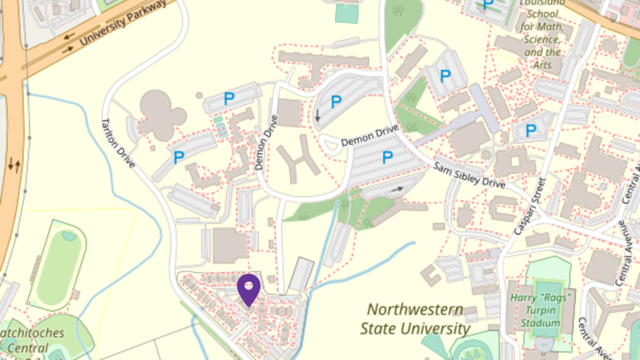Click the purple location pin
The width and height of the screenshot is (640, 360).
(248, 288)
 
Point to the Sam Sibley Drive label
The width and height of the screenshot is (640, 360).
(469, 174)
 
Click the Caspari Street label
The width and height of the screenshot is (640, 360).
(530, 206)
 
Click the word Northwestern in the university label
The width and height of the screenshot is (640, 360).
(415, 310)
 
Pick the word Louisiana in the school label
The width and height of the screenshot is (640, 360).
(542, 3)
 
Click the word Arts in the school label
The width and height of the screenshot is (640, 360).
(542, 65)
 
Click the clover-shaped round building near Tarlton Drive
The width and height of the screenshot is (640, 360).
(163, 114)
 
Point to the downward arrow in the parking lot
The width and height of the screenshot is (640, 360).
(317, 115)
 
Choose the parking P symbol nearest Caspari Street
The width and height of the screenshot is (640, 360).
(530, 131)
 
